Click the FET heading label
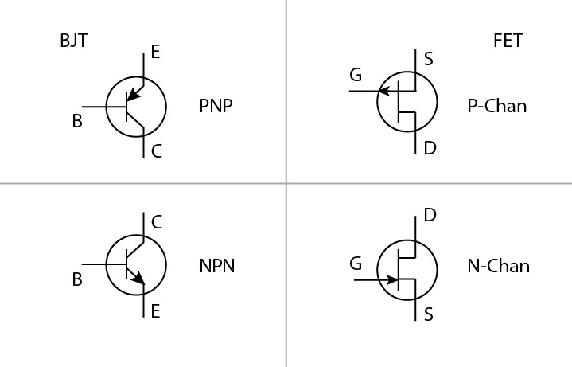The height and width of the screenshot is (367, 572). [508, 41]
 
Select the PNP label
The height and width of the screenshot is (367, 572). [216, 106]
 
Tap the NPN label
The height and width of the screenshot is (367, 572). [216, 266]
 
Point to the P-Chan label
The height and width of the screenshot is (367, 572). [497, 106]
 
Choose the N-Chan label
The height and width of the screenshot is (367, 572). [499, 266]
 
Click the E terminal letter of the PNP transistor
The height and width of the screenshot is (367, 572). [155, 53]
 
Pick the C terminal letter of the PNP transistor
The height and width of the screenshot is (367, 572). [156, 151]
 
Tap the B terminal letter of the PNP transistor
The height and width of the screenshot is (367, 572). [77, 122]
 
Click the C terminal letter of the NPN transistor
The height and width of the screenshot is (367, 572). [156, 222]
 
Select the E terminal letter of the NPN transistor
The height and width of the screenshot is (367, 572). [155, 311]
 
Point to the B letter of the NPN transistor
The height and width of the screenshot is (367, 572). [77, 280]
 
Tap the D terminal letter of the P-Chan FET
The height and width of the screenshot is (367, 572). [430, 148]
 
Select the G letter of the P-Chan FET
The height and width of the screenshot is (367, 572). [356, 76]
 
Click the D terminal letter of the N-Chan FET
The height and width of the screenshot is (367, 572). [430, 215]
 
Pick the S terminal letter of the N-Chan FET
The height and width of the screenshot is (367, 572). [429, 314]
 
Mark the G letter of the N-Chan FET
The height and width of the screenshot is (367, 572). [356, 264]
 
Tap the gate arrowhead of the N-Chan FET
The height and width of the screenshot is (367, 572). [392, 280]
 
